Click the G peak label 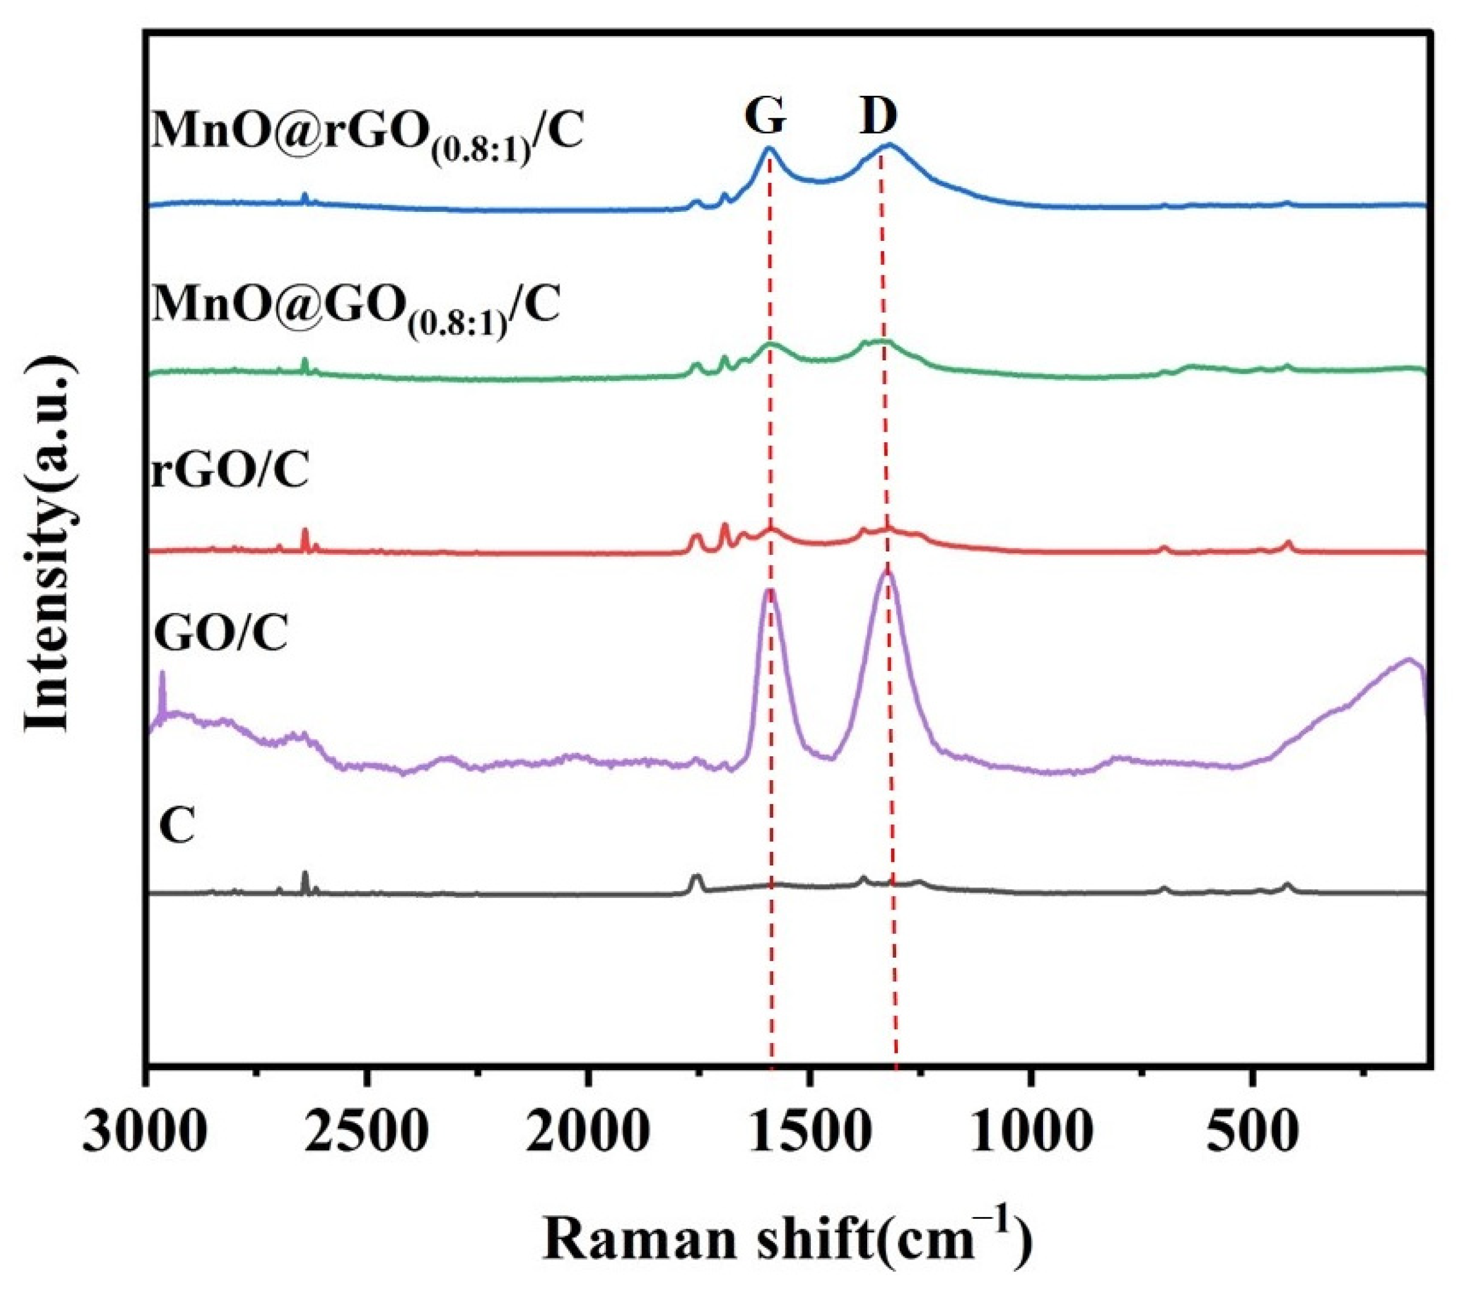pyautogui.click(x=766, y=117)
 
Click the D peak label pyautogui.click(x=879, y=117)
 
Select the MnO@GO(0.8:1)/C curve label pyautogui.click(x=355, y=306)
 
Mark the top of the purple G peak pyautogui.click(x=770, y=591)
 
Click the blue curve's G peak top pyautogui.click(x=769, y=149)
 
